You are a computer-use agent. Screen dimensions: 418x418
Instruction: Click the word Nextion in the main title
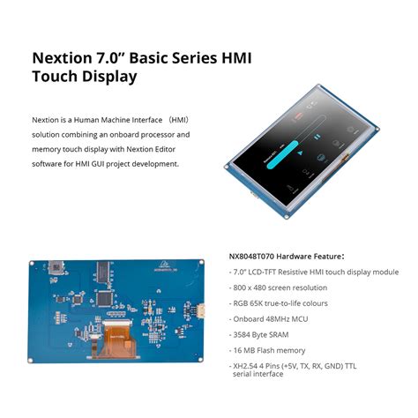(63, 59)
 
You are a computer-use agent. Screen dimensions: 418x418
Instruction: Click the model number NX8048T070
(253, 256)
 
